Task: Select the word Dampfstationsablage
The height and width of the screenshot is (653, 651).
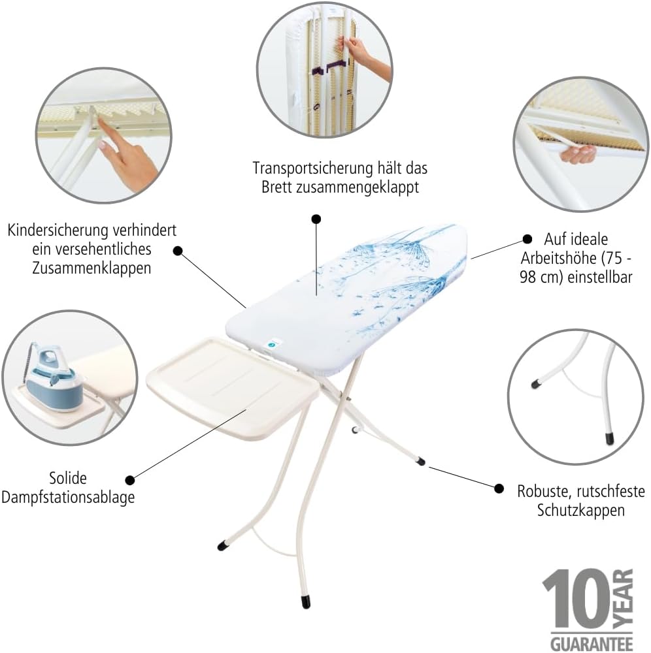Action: coord(68,497)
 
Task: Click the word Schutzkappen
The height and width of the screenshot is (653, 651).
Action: coord(580,510)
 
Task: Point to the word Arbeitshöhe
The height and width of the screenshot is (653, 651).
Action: coord(558,258)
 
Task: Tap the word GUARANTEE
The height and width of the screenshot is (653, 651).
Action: coord(592,643)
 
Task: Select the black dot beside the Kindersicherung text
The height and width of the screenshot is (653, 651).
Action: coord(178,251)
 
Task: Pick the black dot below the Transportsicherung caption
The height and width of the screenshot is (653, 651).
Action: coord(316,219)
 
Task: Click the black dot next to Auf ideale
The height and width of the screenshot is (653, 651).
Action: coord(527,239)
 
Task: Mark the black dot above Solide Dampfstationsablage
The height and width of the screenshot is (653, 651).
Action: coord(130,480)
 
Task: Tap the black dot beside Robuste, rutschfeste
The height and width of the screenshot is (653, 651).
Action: coord(499,488)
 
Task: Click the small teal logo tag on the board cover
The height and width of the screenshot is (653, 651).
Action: coord(273,344)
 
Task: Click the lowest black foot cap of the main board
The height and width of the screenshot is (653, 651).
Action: coord(306,602)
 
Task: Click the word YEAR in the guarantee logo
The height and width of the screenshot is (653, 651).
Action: coord(624,599)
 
